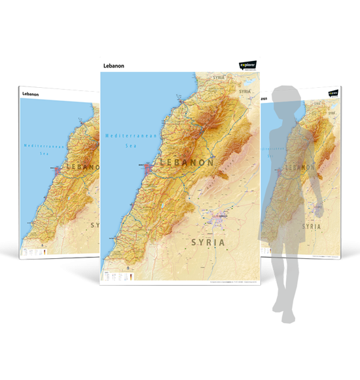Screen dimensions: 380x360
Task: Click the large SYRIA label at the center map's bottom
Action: (207, 242)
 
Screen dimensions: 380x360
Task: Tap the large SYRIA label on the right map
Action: (311, 226)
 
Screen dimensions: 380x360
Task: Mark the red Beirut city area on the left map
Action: (60, 170)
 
